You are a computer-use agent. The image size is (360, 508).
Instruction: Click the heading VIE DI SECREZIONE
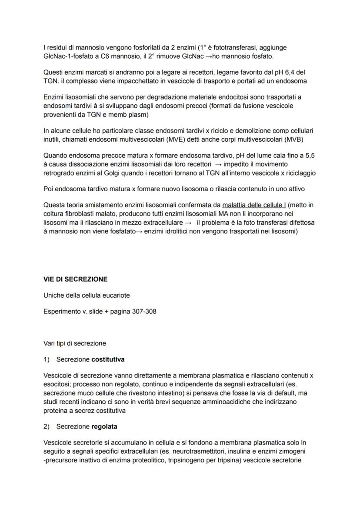[x=76, y=279]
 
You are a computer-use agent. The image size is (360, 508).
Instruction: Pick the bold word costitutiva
[x=108, y=360]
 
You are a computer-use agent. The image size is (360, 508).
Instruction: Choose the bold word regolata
[x=104, y=426]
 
